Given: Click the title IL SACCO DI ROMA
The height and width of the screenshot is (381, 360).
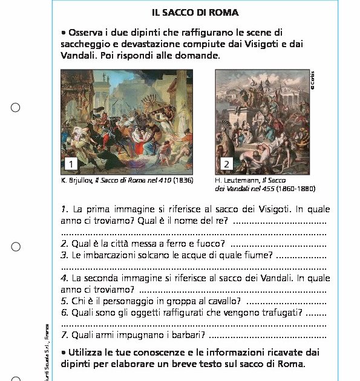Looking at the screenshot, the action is pyautogui.click(x=195, y=12).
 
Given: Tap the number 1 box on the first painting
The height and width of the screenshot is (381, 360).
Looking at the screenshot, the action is pyautogui.click(x=71, y=163).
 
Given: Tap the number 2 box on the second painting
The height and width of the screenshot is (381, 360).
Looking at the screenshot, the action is pyautogui.click(x=226, y=164).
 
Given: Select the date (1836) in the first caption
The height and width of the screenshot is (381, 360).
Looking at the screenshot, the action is pyautogui.click(x=183, y=180).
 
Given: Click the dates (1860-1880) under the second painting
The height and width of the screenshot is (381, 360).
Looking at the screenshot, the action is pyautogui.click(x=296, y=188).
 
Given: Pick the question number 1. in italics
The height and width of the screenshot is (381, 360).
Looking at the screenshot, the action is pyautogui.click(x=65, y=209).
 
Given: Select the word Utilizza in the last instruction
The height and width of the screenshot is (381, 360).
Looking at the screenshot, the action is pyautogui.click(x=87, y=352).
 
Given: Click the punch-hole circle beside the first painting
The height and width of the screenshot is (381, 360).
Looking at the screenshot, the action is pyautogui.click(x=16, y=108).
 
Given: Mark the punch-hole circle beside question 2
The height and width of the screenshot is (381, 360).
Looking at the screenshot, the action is pyautogui.click(x=16, y=246).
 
